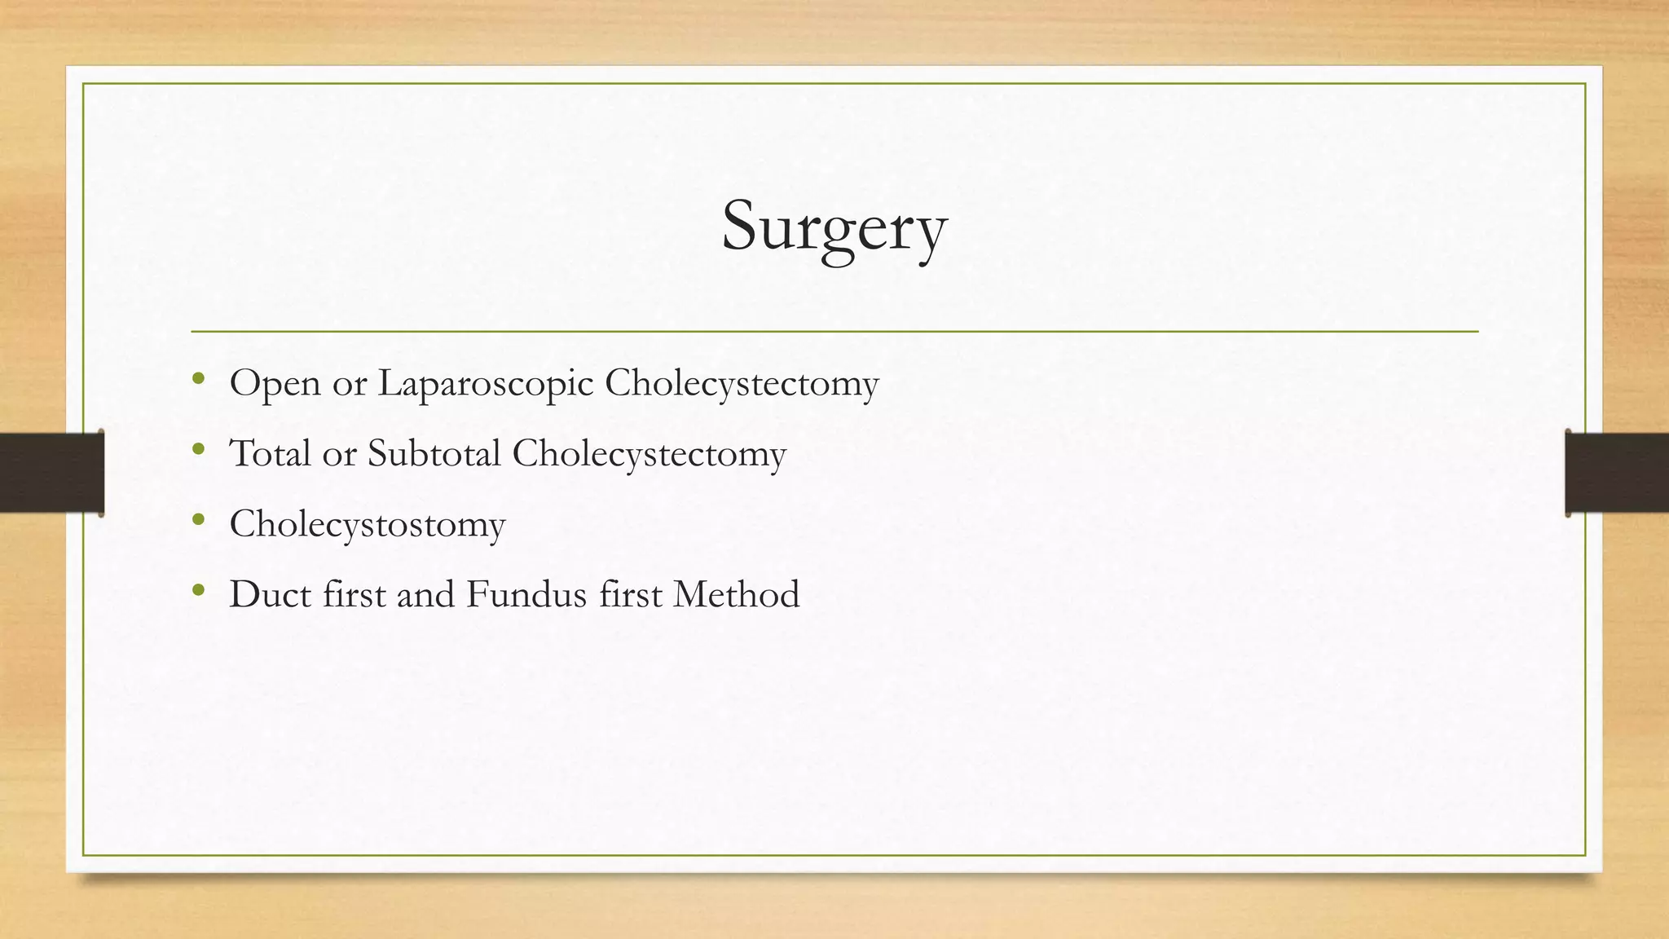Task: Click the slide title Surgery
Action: coord(834,227)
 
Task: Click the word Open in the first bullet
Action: coord(275,383)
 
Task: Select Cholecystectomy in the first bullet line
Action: coord(742,383)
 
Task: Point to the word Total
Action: coord(270,454)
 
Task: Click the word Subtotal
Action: coord(434,454)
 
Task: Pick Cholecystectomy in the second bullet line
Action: coord(649,454)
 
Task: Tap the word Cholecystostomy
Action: coord(368,524)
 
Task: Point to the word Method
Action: coord(736,594)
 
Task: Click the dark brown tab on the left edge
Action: coord(51,472)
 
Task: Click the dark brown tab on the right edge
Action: coord(1617,472)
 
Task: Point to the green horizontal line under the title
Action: coord(834,332)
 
